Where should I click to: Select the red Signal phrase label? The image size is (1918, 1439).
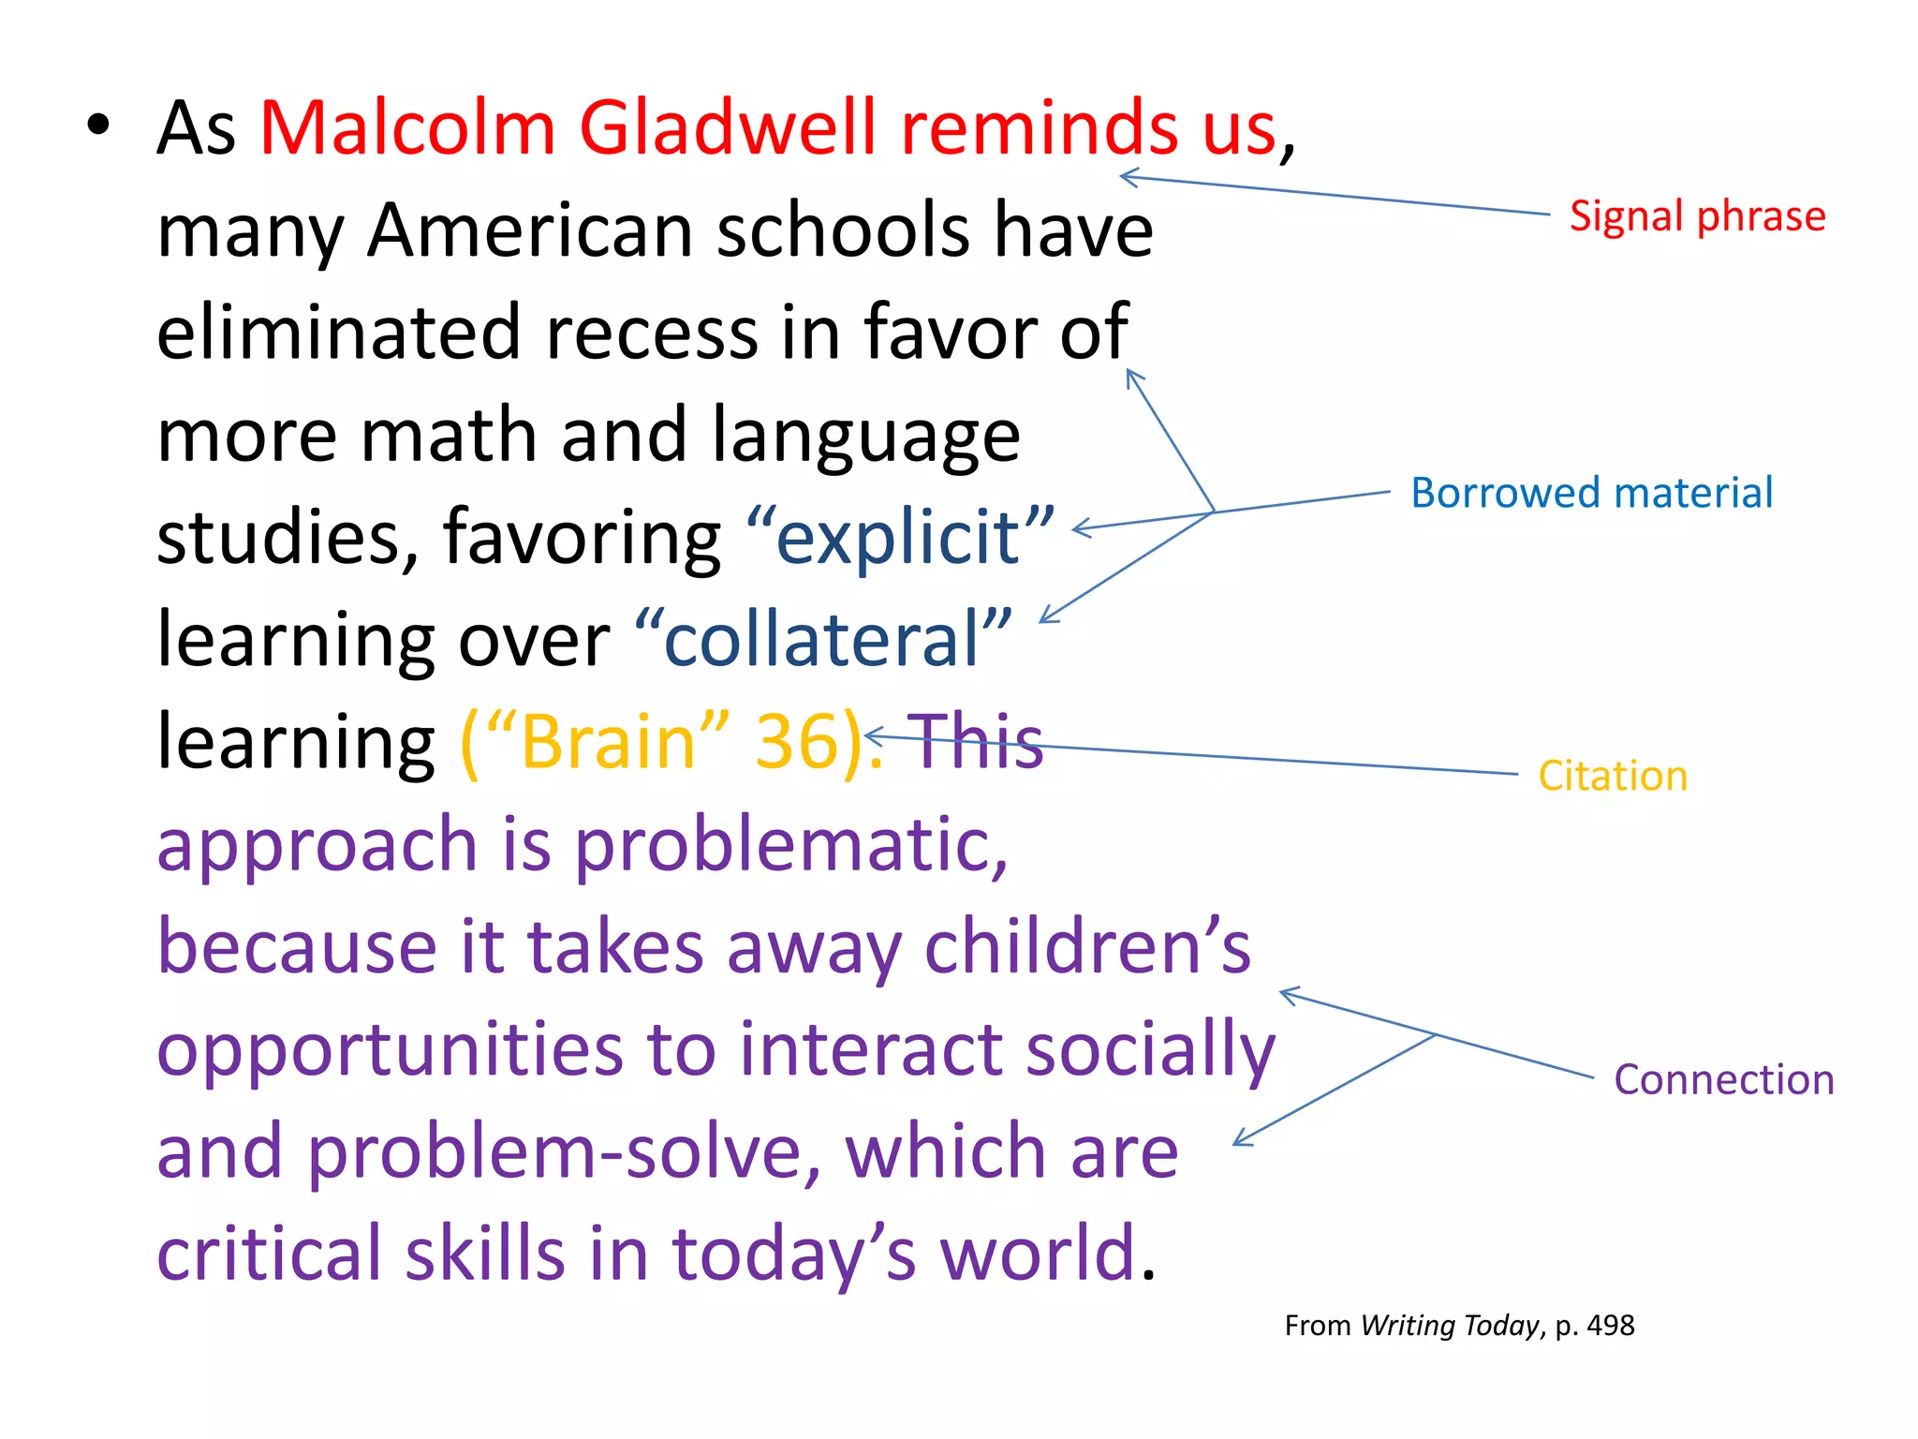(1697, 216)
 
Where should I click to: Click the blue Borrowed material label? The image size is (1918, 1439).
(1591, 493)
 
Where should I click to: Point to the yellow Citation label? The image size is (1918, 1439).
(1612, 777)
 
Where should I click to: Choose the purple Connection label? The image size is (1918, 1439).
(1723, 1080)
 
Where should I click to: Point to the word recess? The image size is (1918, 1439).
(651, 333)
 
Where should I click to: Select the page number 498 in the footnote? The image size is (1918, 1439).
(1611, 1326)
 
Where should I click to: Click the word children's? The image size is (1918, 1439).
(1086, 946)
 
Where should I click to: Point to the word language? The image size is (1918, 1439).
(865, 436)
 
